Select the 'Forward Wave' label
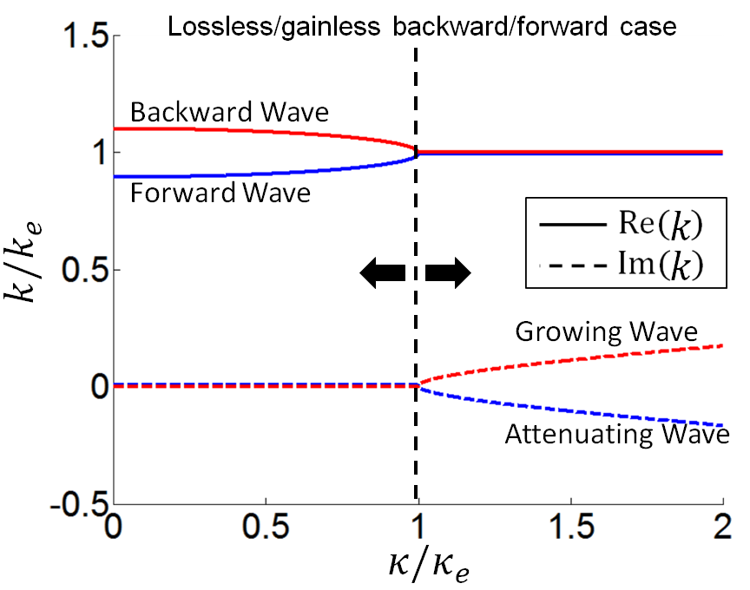[x=220, y=193]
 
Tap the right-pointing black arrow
[x=449, y=273]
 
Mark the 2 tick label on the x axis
[x=722, y=528]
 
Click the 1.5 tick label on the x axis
[x=570, y=528]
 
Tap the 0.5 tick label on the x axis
[x=266, y=528]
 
